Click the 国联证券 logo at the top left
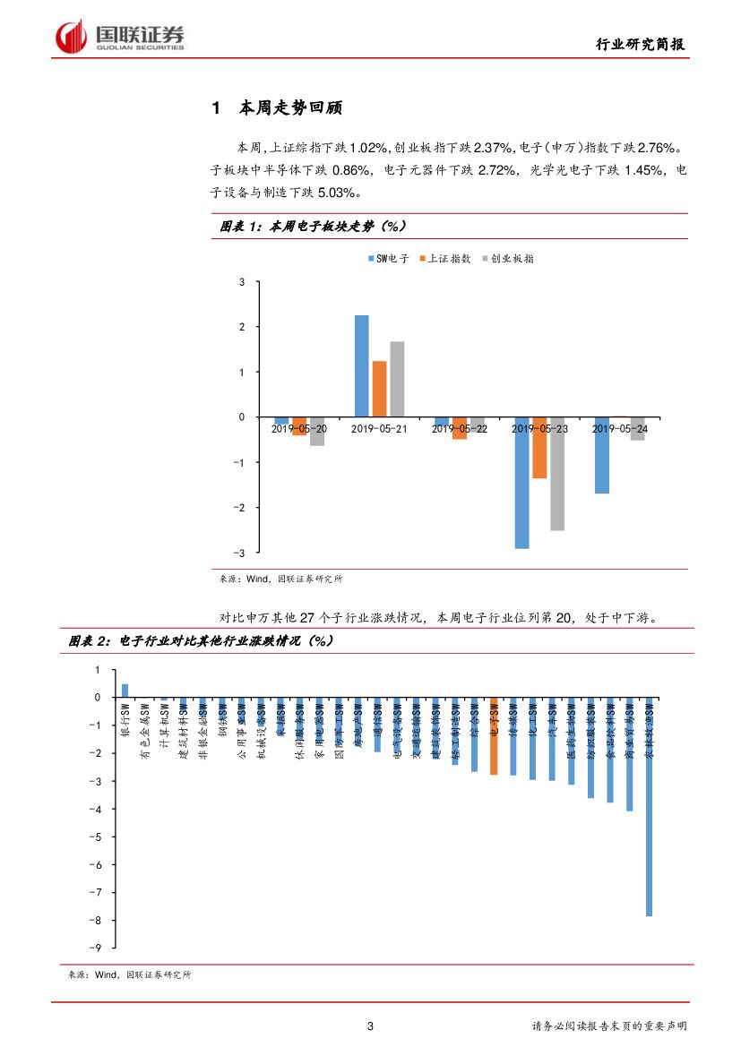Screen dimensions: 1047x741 [x=120, y=37]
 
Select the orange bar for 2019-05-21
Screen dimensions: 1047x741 [x=379, y=389]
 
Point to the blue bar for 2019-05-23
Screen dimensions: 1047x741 [x=521, y=483]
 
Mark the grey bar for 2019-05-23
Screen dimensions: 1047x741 [x=557, y=474]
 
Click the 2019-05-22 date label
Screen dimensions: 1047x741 [x=459, y=429]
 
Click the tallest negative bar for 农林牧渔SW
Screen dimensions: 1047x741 [x=649, y=806]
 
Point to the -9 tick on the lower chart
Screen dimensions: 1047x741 [x=98, y=948]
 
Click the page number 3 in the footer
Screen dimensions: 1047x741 [x=370, y=1026]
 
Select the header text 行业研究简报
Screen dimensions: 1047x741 [x=642, y=45]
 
